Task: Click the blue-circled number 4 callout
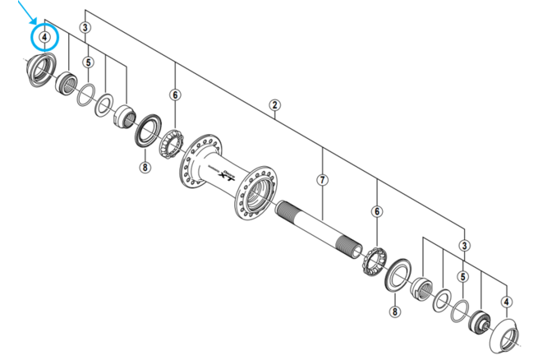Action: click(44, 38)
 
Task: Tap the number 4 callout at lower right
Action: click(506, 302)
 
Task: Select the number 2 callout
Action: click(275, 104)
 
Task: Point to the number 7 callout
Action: click(323, 179)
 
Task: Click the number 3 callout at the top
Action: click(85, 29)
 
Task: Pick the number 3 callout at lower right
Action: click(465, 246)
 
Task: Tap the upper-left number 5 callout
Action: click(89, 62)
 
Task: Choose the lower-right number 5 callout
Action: click(463, 278)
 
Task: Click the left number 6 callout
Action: click(175, 95)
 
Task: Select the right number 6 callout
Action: click(377, 211)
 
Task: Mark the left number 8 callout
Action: click(145, 168)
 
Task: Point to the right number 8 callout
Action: click(394, 311)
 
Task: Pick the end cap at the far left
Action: click(39, 71)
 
